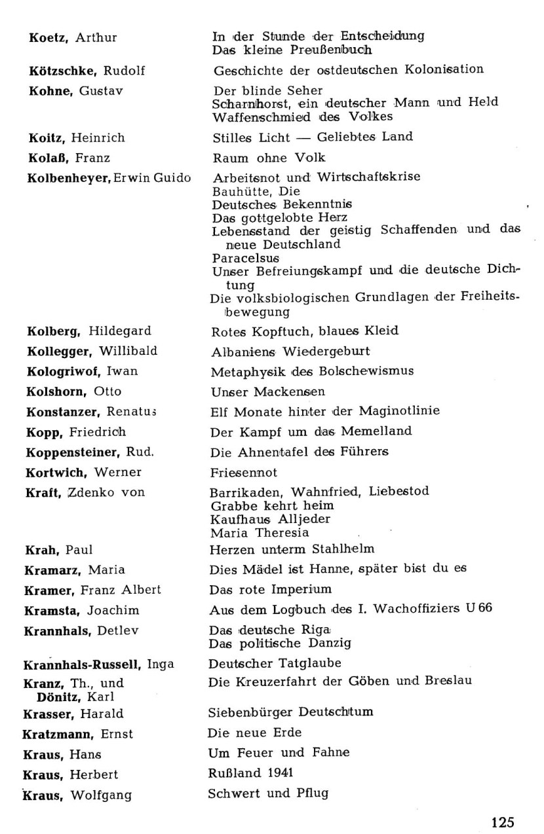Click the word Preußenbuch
[x=322, y=49]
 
